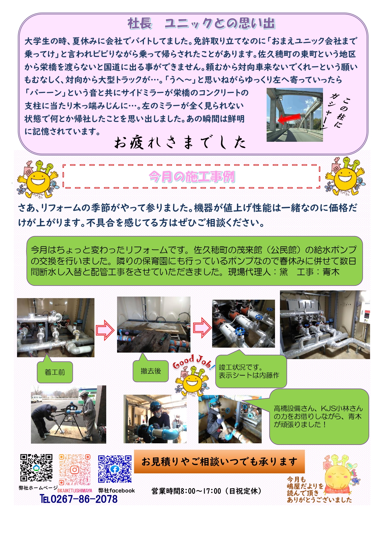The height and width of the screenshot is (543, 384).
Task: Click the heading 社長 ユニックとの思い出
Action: click(201, 24)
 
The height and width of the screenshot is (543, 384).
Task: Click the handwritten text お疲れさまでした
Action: click(180, 143)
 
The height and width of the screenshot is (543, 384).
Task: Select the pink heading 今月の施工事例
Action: click(192, 177)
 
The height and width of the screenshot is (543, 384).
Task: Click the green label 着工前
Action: click(55, 372)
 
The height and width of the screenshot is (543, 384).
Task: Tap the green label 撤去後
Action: click(151, 371)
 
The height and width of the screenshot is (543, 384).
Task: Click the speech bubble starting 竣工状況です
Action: click(251, 371)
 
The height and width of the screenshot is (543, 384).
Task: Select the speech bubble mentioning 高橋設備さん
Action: click(319, 416)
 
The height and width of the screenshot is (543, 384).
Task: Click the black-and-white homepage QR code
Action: click(36, 468)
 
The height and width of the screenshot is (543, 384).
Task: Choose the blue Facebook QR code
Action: click(115, 469)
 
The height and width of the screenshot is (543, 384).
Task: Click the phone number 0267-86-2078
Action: click(79, 499)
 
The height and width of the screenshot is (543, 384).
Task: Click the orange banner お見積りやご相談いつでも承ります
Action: click(219, 462)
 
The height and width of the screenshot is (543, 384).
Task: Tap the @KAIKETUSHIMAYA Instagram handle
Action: click(75, 491)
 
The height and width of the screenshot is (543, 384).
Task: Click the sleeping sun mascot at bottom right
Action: click(340, 473)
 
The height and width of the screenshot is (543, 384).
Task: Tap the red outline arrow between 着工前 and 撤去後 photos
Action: click(105, 330)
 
